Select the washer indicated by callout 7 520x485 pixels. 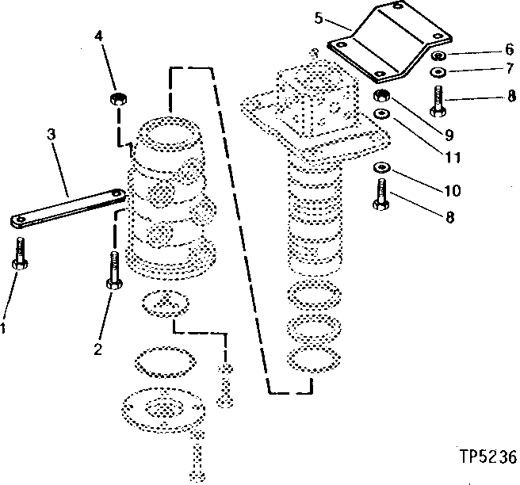[436, 73]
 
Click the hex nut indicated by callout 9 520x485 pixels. [381, 97]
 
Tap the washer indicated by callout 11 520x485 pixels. [381, 115]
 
